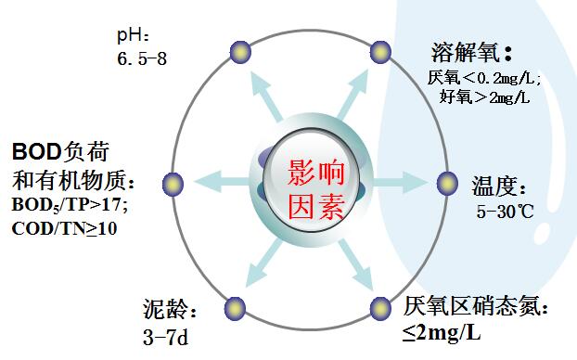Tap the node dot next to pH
pyautogui.click(x=241, y=51)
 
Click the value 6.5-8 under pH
pyautogui.click(x=143, y=58)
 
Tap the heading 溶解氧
pyautogui.click(x=472, y=53)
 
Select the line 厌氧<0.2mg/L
pyautogui.click(x=483, y=77)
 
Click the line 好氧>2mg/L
pyautogui.click(x=483, y=96)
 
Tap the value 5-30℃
pyautogui.click(x=506, y=212)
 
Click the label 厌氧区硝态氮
pyautogui.click(x=482, y=305)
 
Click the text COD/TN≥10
pyautogui.click(x=65, y=227)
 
